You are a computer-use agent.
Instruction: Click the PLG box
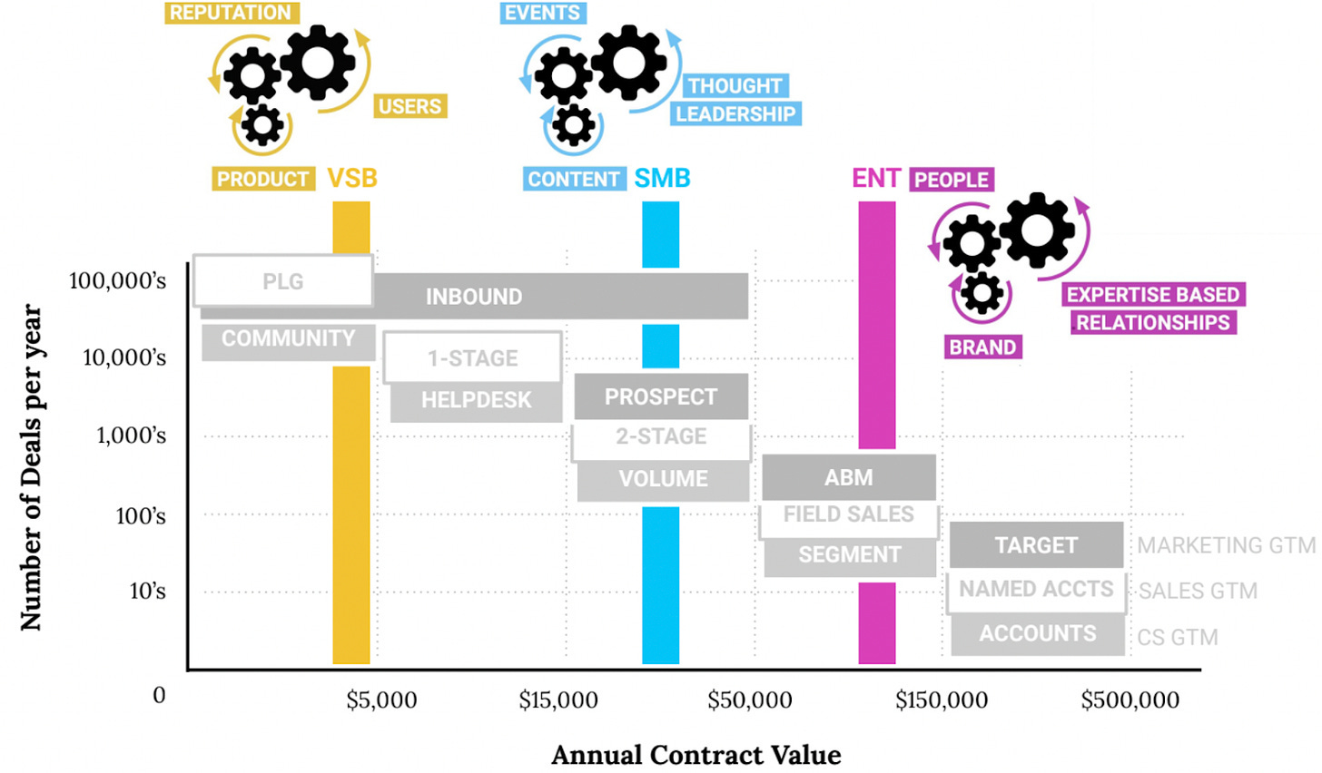[x=282, y=281]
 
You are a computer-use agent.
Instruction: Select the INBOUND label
[x=474, y=297]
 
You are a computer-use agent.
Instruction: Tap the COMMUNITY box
[x=288, y=339]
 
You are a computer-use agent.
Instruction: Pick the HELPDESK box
[x=476, y=400]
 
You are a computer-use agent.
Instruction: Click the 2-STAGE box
[x=661, y=437]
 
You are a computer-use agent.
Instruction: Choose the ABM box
[x=848, y=477]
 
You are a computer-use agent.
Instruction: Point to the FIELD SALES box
[x=848, y=514]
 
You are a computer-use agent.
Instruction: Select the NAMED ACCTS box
[x=1036, y=590]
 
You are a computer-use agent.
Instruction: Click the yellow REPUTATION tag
[x=231, y=13]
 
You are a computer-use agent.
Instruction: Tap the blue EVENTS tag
[x=542, y=13]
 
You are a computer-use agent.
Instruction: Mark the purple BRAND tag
[x=982, y=347]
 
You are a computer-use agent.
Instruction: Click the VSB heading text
[x=352, y=178]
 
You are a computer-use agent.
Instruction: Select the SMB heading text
[x=662, y=178]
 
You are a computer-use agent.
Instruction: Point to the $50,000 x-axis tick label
[x=749, y=700]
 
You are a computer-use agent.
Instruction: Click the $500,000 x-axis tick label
[x=1130, y=700]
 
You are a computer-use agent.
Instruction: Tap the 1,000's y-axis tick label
[x=132, y=436]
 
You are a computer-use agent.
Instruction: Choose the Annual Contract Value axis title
[x=696, y=755]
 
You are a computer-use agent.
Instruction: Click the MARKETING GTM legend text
[x=1226, y=545]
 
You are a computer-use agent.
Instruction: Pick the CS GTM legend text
[x=1178, y=638]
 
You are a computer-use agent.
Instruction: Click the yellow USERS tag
[x=409, y=106]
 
